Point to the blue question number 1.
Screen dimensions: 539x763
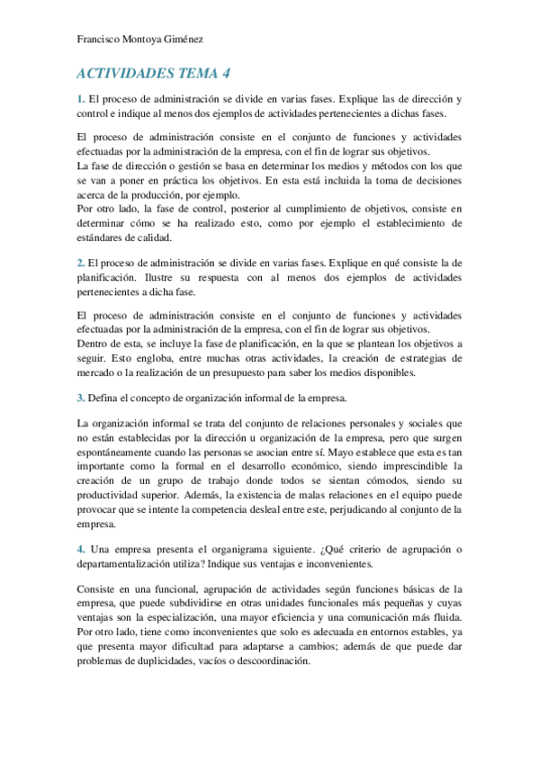80,97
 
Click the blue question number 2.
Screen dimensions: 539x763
80,261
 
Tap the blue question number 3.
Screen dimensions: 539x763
80,397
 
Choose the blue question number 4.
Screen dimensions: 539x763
80,549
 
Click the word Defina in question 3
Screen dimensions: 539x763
104,397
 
